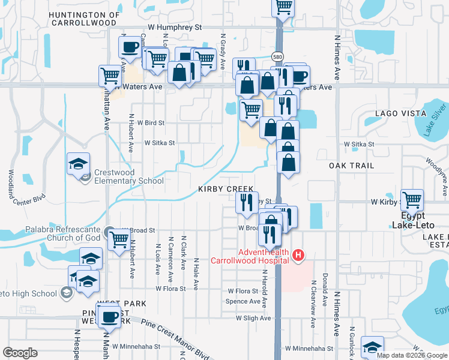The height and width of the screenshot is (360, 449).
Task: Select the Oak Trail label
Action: tap(351, 165)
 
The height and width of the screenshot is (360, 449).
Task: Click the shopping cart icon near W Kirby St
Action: tap(412, 200)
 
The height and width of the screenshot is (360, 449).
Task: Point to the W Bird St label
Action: tap(151, 122)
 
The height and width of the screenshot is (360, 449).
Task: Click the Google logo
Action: tap(20, 352)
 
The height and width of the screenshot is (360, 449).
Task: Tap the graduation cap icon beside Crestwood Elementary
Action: tap(78, 164)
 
